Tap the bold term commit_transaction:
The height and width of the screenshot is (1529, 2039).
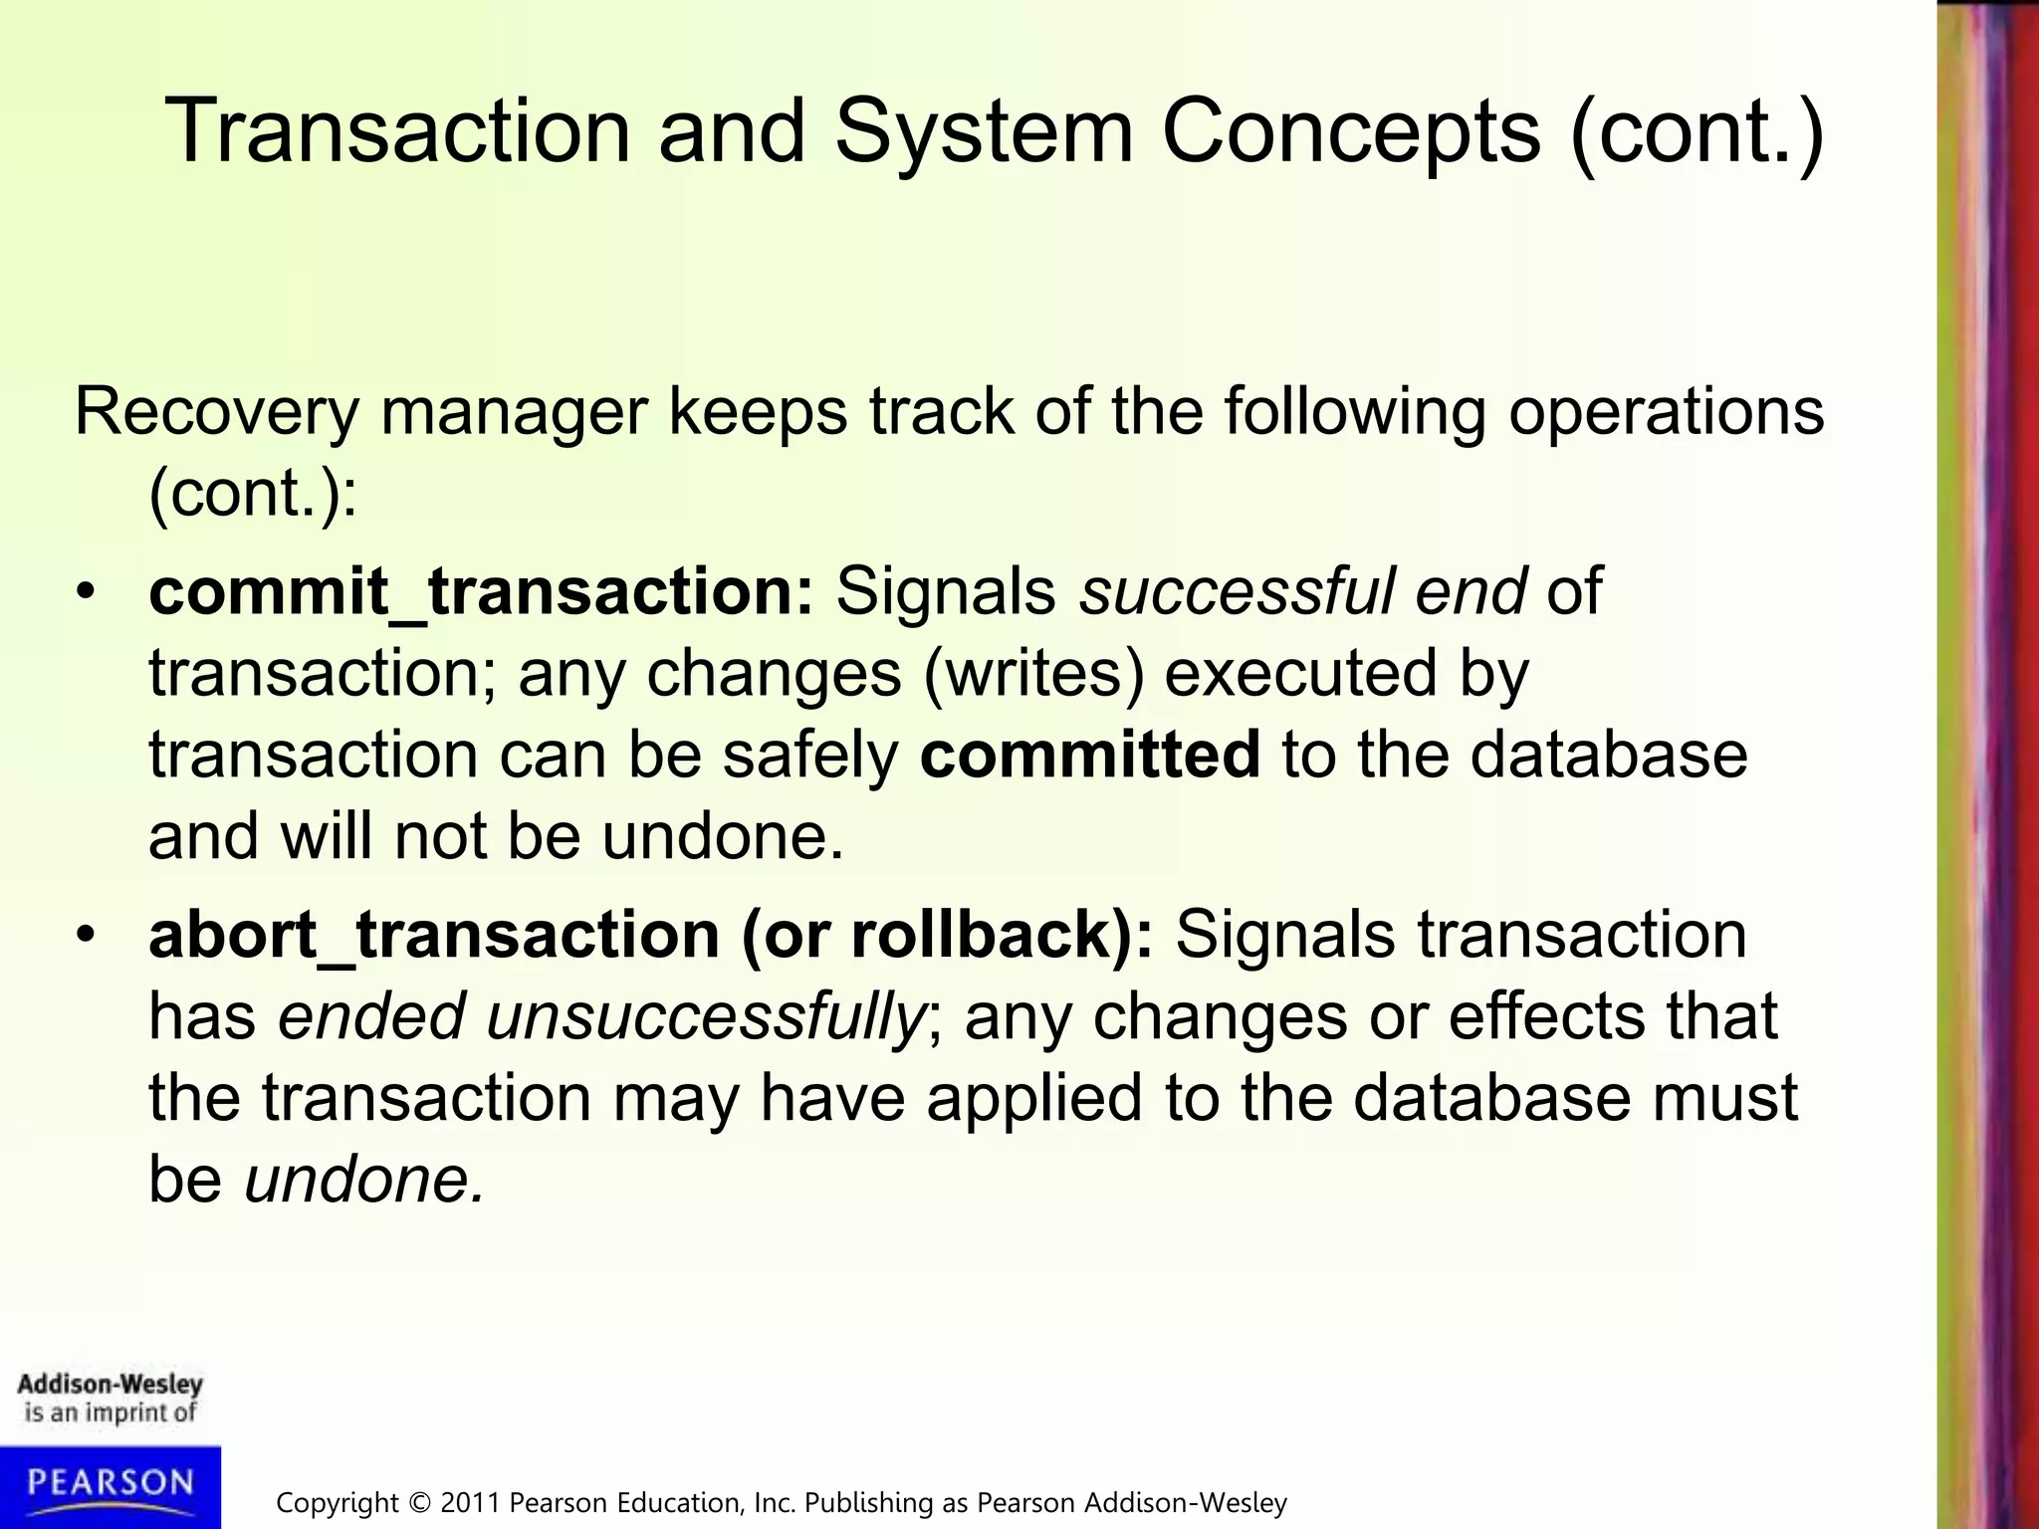click(481, 591)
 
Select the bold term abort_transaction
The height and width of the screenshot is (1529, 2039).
click(434, 935)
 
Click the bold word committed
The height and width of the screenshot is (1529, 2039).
click(1090, 754)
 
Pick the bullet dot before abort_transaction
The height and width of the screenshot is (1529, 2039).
click(87, 936)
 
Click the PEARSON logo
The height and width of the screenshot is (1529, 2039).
click(110, 1483)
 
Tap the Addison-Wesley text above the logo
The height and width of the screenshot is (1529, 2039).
click(110, 1384)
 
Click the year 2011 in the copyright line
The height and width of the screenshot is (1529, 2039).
click(471, 1502)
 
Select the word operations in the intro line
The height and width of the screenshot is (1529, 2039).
click(1666, 411)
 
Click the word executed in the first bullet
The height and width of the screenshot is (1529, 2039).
click(1300, 673)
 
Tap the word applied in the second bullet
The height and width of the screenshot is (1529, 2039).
click(1033, 1098)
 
